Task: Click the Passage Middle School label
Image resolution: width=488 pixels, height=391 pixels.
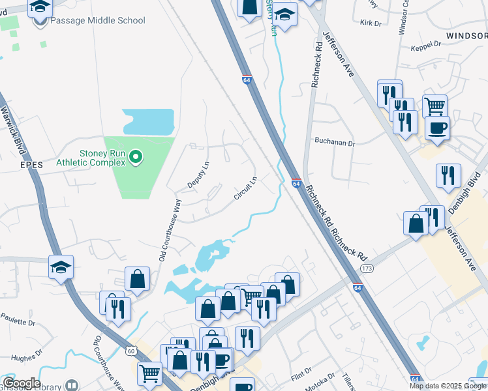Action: (97, 20)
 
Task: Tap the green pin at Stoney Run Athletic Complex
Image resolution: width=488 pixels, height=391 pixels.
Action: (136, 156)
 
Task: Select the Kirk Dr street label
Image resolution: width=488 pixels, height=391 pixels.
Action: (370, 23)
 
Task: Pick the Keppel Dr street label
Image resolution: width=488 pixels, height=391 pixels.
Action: (426, 48)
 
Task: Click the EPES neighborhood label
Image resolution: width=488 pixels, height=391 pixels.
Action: (31, 166)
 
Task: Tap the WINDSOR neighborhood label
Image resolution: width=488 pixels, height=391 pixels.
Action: (466, 35)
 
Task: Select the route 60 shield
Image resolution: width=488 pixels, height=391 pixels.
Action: (132, 351)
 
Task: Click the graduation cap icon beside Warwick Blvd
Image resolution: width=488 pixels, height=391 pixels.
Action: (61, 267)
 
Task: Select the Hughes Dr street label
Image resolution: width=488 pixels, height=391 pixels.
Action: (26, 357)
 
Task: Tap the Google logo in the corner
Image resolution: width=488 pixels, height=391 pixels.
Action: (21, 383)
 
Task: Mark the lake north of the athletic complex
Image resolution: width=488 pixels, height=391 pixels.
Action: (149, 121)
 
